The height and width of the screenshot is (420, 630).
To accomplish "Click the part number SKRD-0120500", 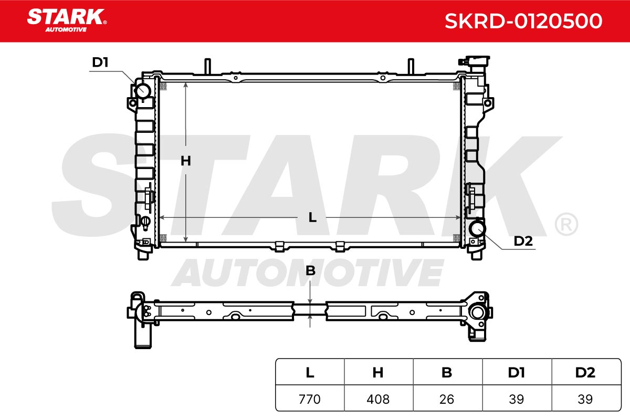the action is (523, 21).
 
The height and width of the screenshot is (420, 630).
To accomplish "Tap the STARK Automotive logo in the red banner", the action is (67, 20).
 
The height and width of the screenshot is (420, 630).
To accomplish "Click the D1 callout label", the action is (100, 62).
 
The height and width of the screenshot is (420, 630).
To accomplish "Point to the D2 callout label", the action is (523, 241).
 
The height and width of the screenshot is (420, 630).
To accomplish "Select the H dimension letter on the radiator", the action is (186, 161).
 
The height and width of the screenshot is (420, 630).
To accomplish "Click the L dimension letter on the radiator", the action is (312, 217).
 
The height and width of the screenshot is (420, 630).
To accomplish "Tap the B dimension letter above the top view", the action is (310, 270).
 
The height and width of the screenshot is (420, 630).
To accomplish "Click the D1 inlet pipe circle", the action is (143, 91).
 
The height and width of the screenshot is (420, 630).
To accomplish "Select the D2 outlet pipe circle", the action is (477, 228).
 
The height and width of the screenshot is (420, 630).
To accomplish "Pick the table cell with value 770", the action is (310, 399).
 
